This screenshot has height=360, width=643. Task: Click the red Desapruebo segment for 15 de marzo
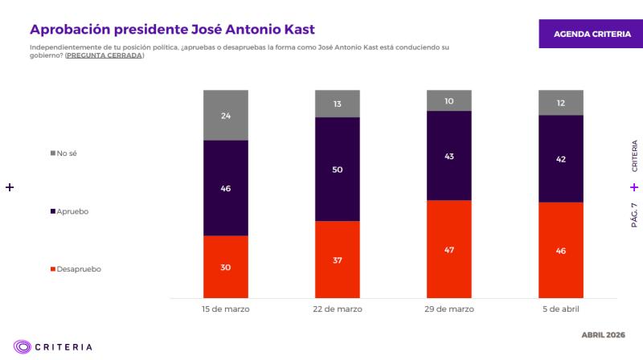click(226, 267)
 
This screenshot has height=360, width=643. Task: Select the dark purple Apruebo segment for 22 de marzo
click(337, 169)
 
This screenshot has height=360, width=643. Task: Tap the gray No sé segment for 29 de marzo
click(448, 100)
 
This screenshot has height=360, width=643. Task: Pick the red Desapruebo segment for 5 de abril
click(560, 250)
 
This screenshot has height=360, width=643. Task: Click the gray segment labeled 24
click(226, 115)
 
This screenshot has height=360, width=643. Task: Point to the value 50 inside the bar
click(337, 170)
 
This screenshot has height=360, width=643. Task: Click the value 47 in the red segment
click(448, 251)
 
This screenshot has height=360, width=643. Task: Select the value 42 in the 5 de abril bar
click(560, 159)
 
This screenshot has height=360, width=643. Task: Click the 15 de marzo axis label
click(226, 309)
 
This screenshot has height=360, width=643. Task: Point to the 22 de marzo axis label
click(337, 309)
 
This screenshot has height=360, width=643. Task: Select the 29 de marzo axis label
click(448, 309)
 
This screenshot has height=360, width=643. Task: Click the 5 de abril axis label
click(560, 309)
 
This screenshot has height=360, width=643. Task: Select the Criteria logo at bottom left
click(54, 346)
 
